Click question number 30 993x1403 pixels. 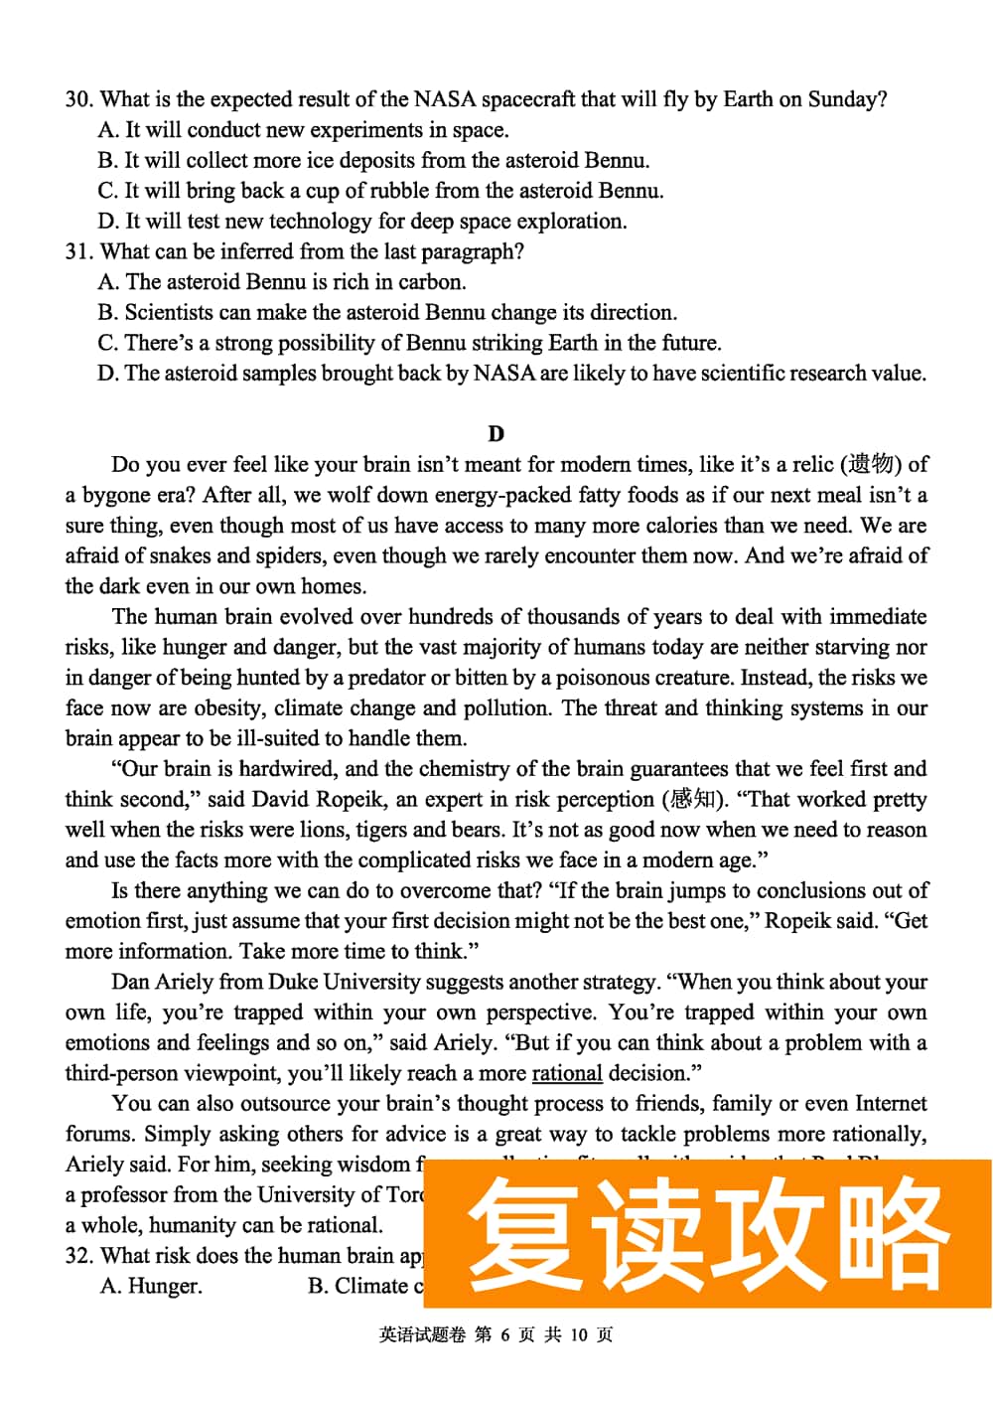[78, 99]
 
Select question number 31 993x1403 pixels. [78, 251]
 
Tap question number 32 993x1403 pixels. [78, 1256]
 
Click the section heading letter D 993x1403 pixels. [496, 433]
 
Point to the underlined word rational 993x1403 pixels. [567, 1073]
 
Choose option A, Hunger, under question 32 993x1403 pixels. [151, 1286]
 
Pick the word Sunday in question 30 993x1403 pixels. [843, 99]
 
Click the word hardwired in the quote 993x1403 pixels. [288, 768]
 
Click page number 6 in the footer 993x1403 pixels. [504, 1334]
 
